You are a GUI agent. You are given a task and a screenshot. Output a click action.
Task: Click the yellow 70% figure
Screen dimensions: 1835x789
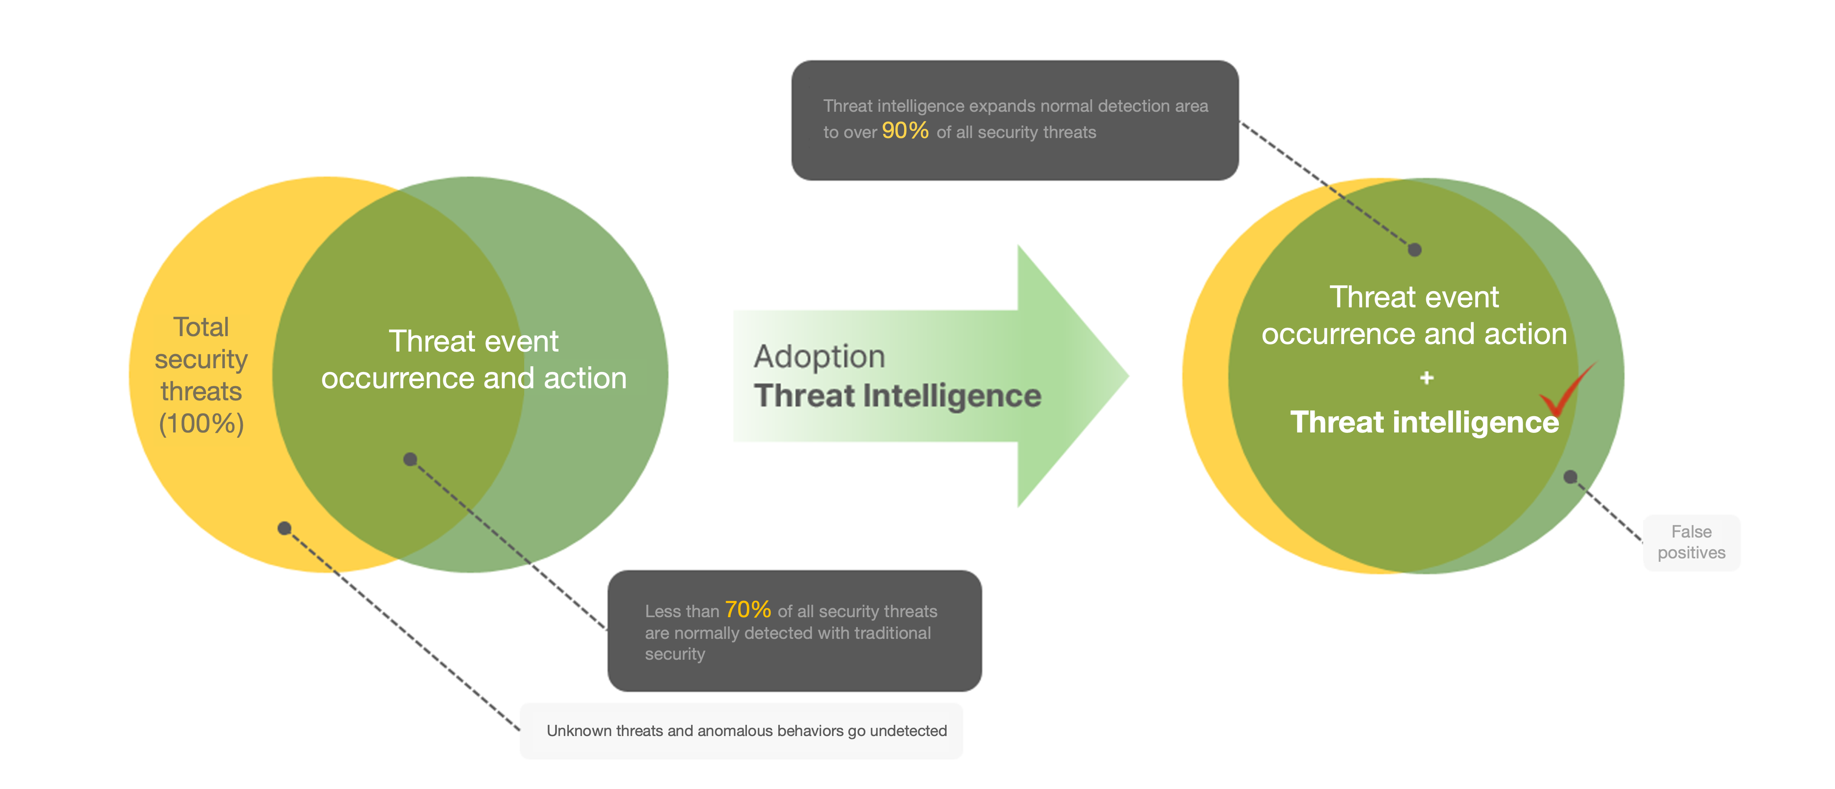coord(748,610)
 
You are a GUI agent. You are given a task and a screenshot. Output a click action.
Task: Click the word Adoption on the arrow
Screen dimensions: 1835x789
coord(819,356)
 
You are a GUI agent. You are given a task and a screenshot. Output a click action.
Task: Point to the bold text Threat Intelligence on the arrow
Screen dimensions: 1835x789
coord(897,396)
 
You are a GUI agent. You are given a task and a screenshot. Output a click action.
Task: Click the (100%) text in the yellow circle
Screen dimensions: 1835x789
coord(201,424)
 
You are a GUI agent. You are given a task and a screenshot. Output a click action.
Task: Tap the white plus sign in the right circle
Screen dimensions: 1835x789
coord(1426,378)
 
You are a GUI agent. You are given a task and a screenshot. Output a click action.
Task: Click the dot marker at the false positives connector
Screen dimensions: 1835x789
coord(1570,477)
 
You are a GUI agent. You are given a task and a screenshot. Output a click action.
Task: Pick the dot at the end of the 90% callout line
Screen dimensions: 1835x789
coord(1415,249)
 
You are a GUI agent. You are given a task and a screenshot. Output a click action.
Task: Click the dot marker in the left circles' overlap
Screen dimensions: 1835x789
coord(410,459)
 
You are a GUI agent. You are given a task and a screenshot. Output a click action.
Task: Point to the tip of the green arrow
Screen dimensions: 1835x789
coord(1129,376)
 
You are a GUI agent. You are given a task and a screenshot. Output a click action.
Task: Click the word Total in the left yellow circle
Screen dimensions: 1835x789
coord(201,327)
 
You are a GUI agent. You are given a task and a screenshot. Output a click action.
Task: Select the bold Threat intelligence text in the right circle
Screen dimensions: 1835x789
coord(1425,422)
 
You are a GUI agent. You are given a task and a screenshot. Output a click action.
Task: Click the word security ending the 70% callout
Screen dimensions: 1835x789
coord(675,654)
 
